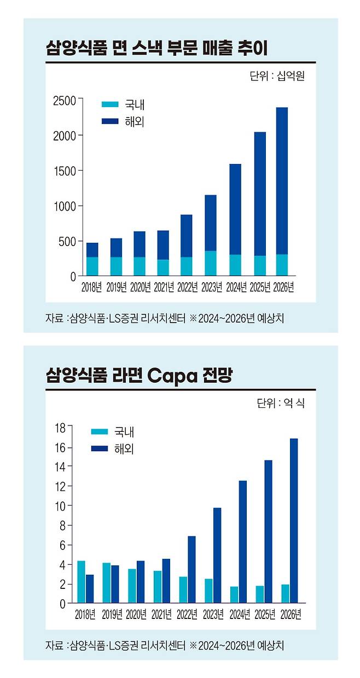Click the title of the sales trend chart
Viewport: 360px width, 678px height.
click(x=156, y=49)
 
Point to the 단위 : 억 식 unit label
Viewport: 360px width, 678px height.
click(x=280, y=404)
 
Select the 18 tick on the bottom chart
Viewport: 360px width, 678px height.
click(x=60, y=427)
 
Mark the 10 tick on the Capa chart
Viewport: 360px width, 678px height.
click(x=60, y=506)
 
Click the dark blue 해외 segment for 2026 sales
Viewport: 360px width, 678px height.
click(x=282, y=180)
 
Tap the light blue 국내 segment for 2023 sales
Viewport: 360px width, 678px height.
click(x=211, y=263)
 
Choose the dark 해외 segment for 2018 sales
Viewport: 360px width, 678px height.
click(x=92, y=250)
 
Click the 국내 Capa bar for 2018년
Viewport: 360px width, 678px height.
click(x=81, y=582)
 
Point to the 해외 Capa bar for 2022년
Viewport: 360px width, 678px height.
click(x=191, y=569)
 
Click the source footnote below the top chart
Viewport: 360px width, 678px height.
click(x=165, y=318)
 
